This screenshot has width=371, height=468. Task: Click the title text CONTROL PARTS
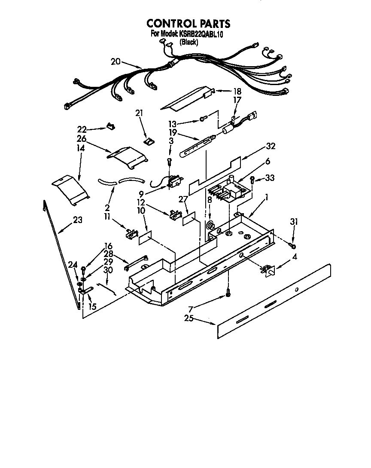pos(188,24)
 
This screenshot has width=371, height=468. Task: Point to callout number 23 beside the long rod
pos(78,220)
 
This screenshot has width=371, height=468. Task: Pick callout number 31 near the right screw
pos(294,222)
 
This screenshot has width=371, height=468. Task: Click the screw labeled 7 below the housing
pos(228,295)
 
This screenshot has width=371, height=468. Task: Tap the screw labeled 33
pos(253,180)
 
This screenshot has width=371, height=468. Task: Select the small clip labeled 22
pos(110,127)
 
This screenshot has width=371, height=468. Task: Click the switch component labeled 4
pos(268,270)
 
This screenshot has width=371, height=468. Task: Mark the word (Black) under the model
pos(189,42)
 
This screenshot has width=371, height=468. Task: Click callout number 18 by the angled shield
pos(237,91)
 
